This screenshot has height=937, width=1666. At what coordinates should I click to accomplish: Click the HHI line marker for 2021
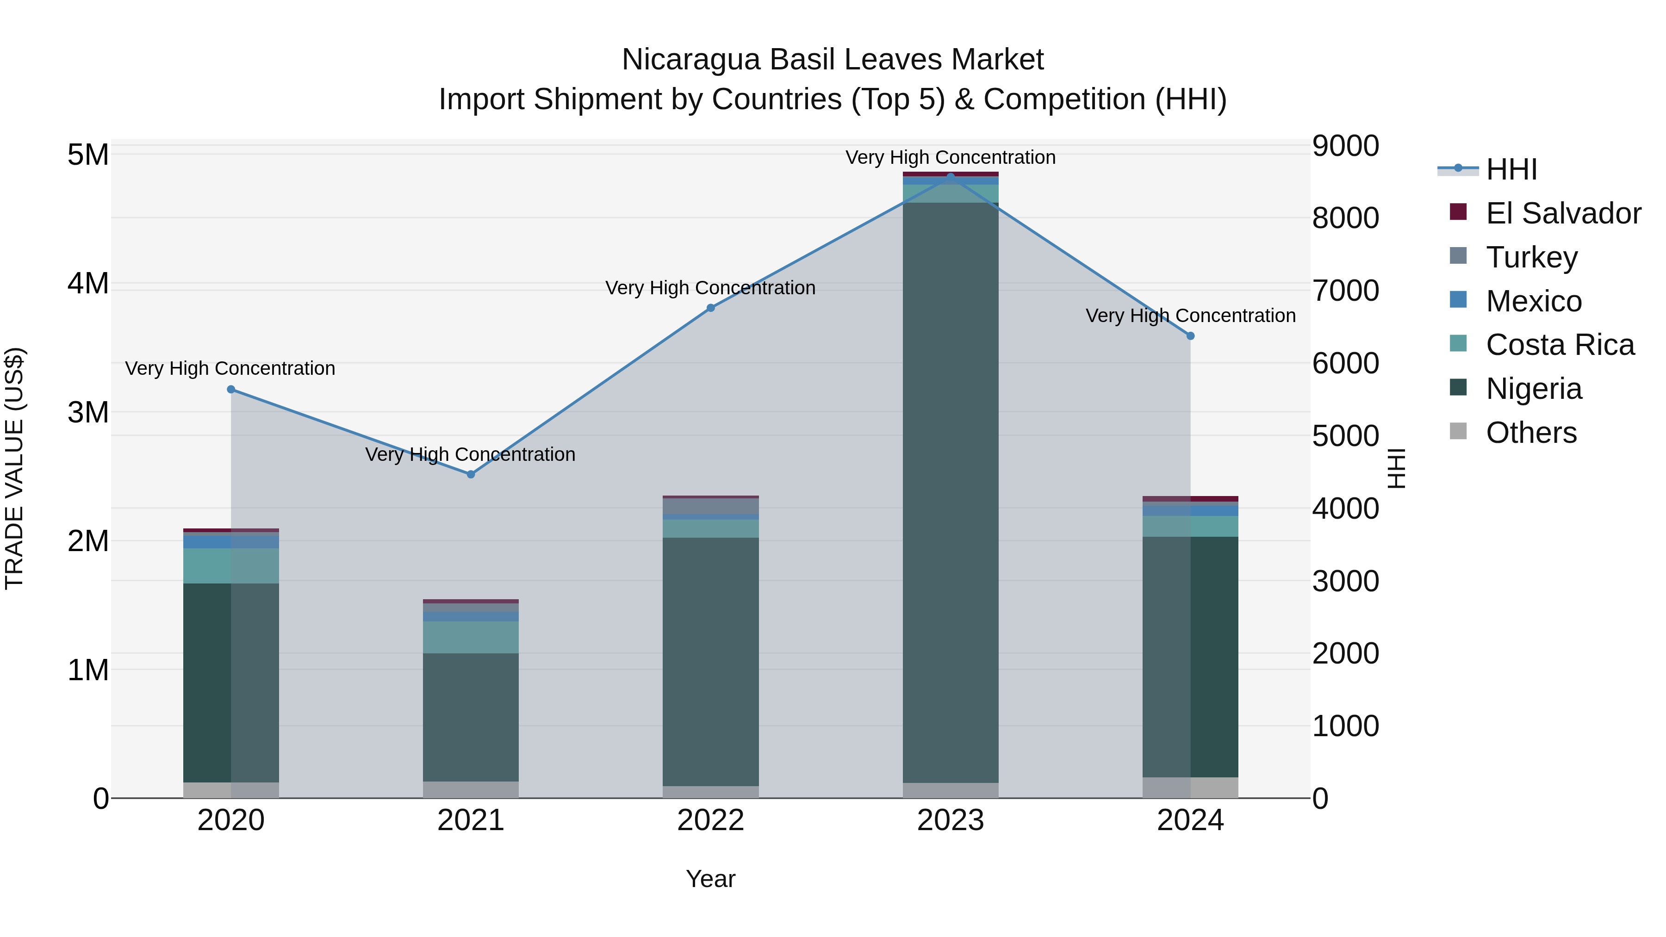click(x=471, y=475)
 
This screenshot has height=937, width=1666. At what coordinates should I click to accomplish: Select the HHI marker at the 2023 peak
click(x=950, y=177)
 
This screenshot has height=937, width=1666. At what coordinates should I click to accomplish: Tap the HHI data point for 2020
click(x=231, y=389)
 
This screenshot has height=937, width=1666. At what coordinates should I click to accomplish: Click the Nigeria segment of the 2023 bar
click(x=950, y=491)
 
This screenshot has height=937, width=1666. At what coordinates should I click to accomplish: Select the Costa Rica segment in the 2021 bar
click(x=471, y=637)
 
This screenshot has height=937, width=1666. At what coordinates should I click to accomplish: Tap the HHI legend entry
click(x=1511, y=169)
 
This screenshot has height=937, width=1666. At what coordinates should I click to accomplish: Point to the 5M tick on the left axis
click(x=88, y=155)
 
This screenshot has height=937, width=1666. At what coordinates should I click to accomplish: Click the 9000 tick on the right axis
click(x=1345, y=146)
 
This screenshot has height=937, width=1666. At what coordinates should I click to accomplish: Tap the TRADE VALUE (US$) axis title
click(x=14, y=469)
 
